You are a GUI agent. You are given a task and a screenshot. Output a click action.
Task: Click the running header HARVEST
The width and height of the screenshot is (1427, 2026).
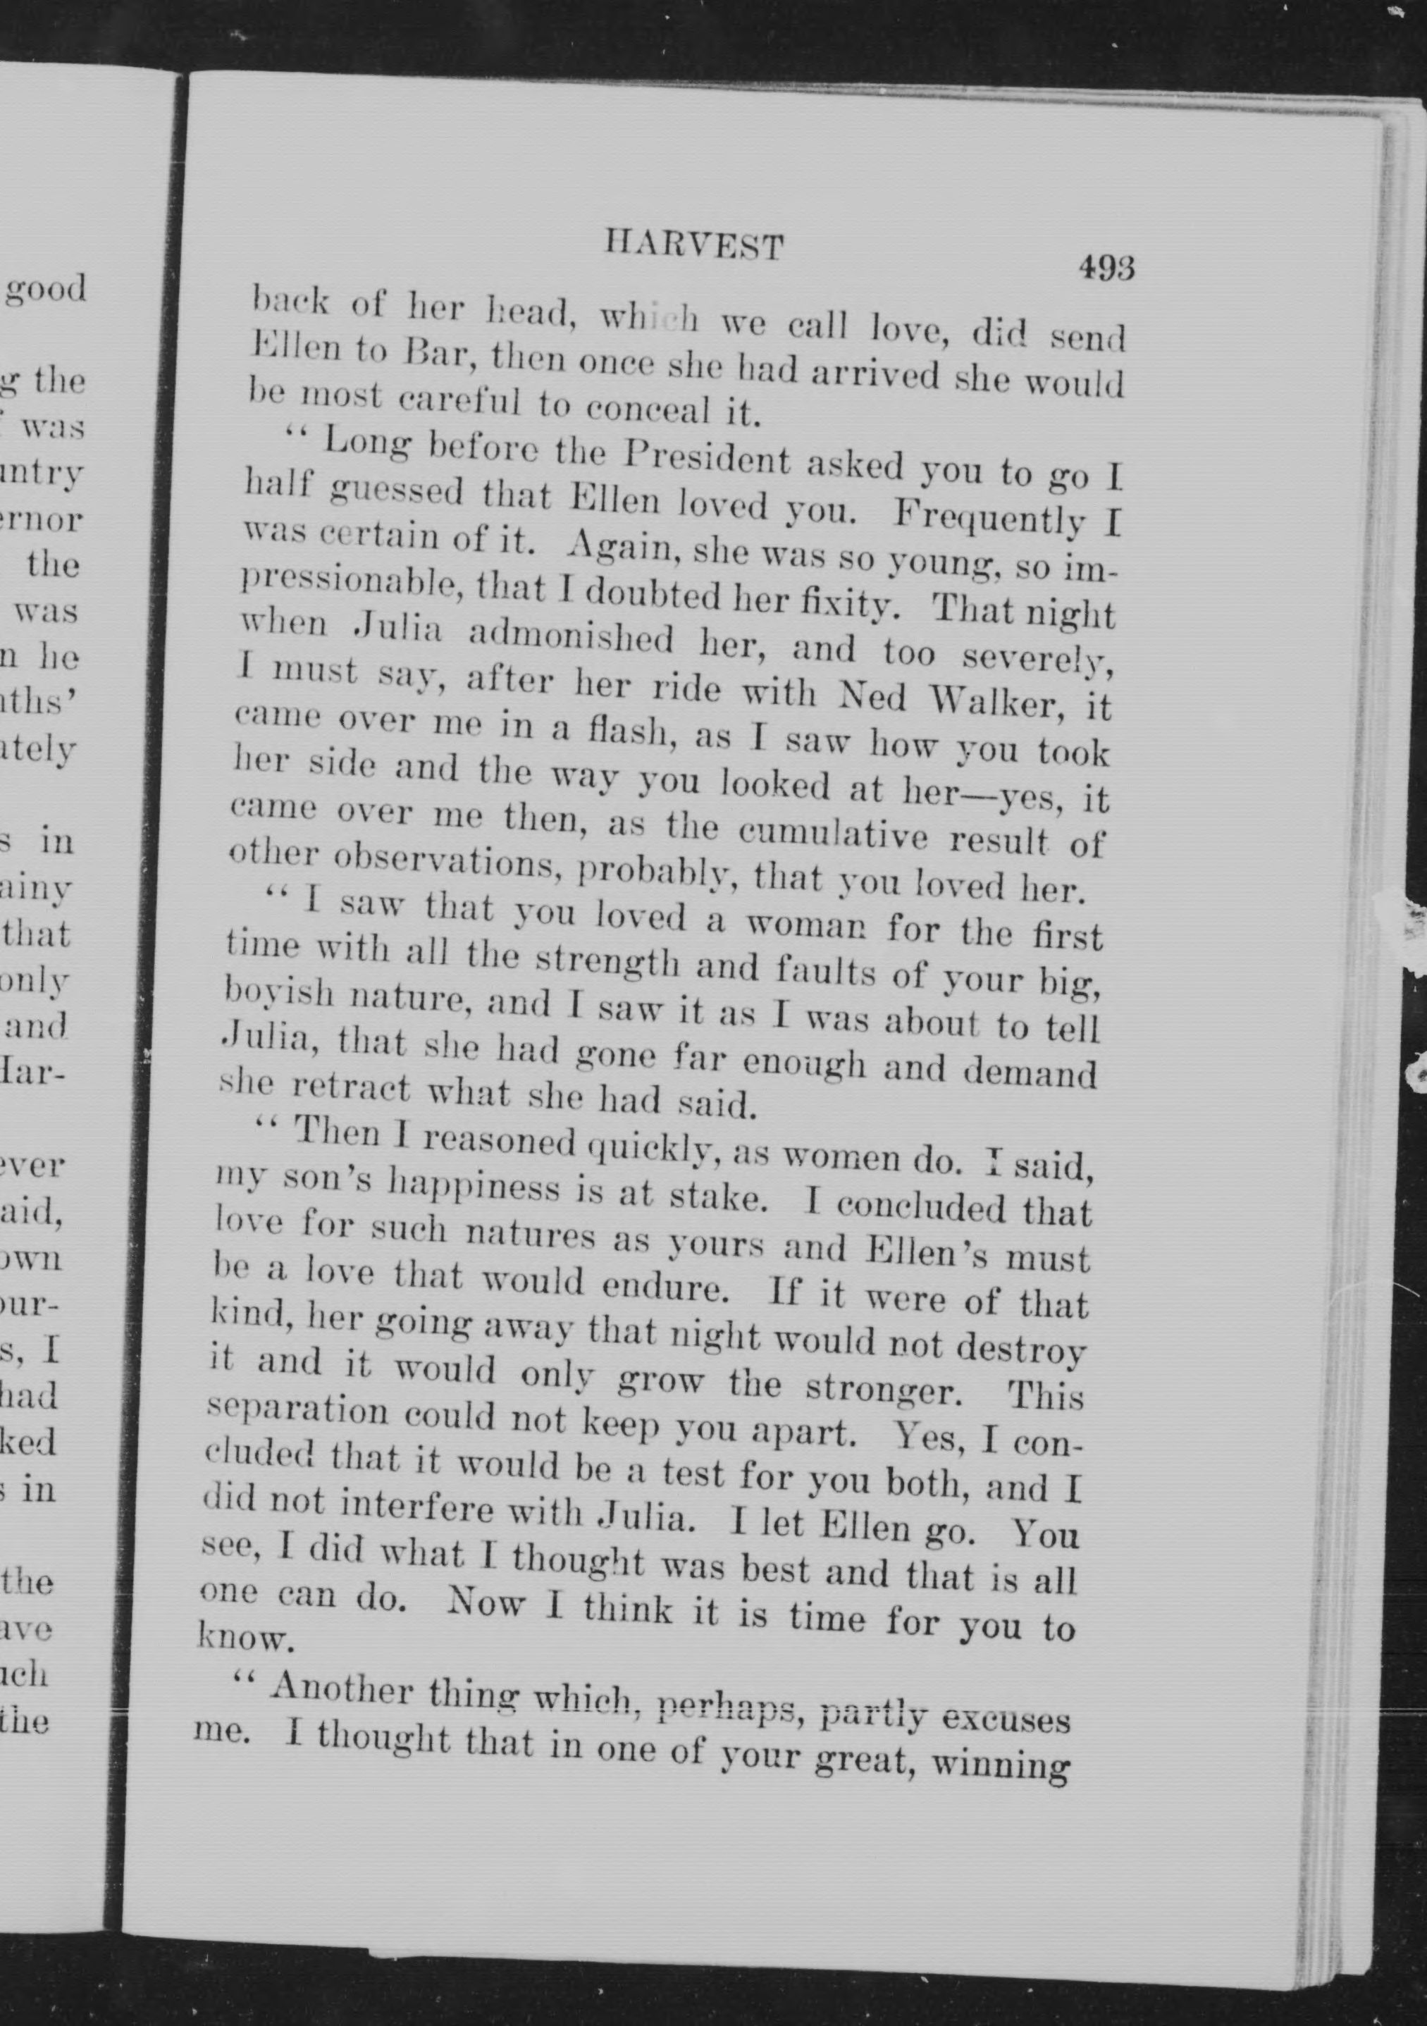pos(693,245)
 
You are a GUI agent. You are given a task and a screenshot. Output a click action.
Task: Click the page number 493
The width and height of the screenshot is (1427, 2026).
pos(1105,266)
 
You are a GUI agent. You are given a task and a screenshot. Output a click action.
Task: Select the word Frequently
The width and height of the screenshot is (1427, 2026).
pos(989,517)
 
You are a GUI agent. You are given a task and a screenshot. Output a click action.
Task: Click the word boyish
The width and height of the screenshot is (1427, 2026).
pos(278,994)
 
